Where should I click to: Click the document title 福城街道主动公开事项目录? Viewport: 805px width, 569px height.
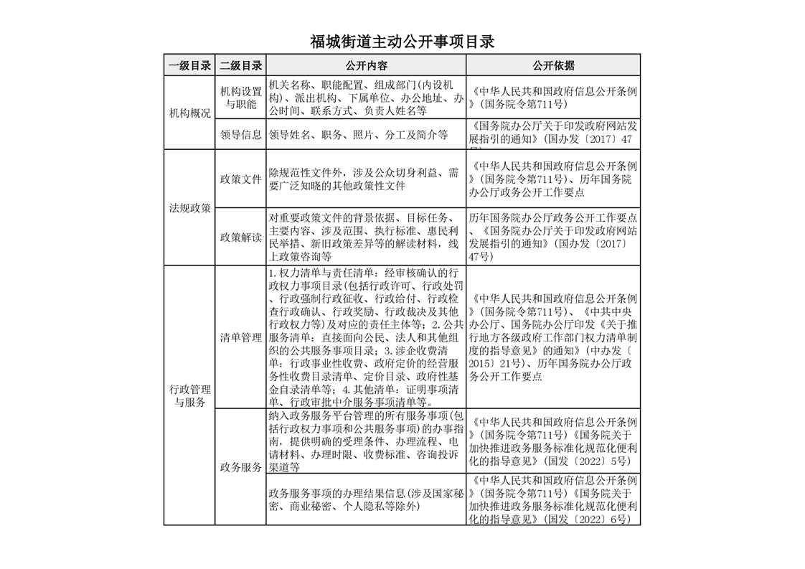402,42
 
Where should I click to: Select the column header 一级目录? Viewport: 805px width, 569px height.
189,65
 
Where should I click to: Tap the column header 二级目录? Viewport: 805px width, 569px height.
240,65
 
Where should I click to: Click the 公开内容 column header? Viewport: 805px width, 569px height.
366,65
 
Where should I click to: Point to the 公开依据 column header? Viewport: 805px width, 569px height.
553,65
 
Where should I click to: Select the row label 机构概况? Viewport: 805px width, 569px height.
189,113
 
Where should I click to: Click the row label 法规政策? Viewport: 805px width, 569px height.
189,207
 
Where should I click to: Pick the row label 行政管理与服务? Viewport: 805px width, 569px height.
189,395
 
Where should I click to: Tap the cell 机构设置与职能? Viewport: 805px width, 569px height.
240,98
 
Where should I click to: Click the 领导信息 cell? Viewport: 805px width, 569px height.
240,134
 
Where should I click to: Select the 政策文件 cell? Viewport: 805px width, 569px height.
240,179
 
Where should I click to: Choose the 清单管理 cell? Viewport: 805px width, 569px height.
240,337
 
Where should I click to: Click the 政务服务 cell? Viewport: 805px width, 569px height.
240,467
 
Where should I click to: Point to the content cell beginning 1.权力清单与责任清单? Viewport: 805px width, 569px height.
365,337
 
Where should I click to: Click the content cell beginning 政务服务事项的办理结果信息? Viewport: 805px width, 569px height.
365,500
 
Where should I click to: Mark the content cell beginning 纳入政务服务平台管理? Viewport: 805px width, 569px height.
365,441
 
